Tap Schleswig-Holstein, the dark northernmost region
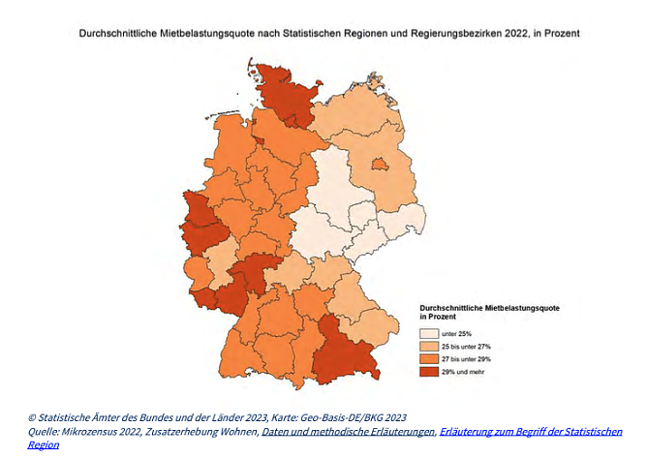(276, 97)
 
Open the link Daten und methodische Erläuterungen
(348, 432)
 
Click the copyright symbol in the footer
(32, 418)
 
